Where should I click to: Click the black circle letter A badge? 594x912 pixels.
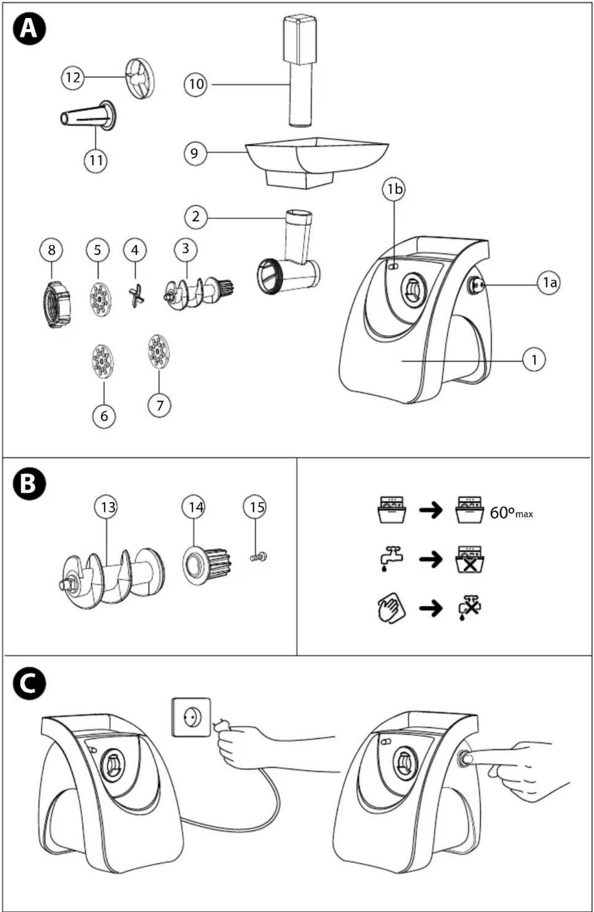[x=29, y=29]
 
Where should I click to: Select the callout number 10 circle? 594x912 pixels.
[x=196, y=84]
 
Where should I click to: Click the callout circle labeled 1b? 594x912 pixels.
[x=394, y=189]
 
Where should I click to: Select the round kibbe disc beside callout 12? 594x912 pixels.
[x=140, y=79]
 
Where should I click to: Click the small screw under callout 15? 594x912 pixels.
[x=259, y=557]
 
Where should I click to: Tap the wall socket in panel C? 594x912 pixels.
[x=191, y=717]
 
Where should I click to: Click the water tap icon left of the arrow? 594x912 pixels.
[x=391, y=559]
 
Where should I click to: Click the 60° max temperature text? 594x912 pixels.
[x=511, y=513]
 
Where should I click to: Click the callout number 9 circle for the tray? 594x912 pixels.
[x=194, y=153]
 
